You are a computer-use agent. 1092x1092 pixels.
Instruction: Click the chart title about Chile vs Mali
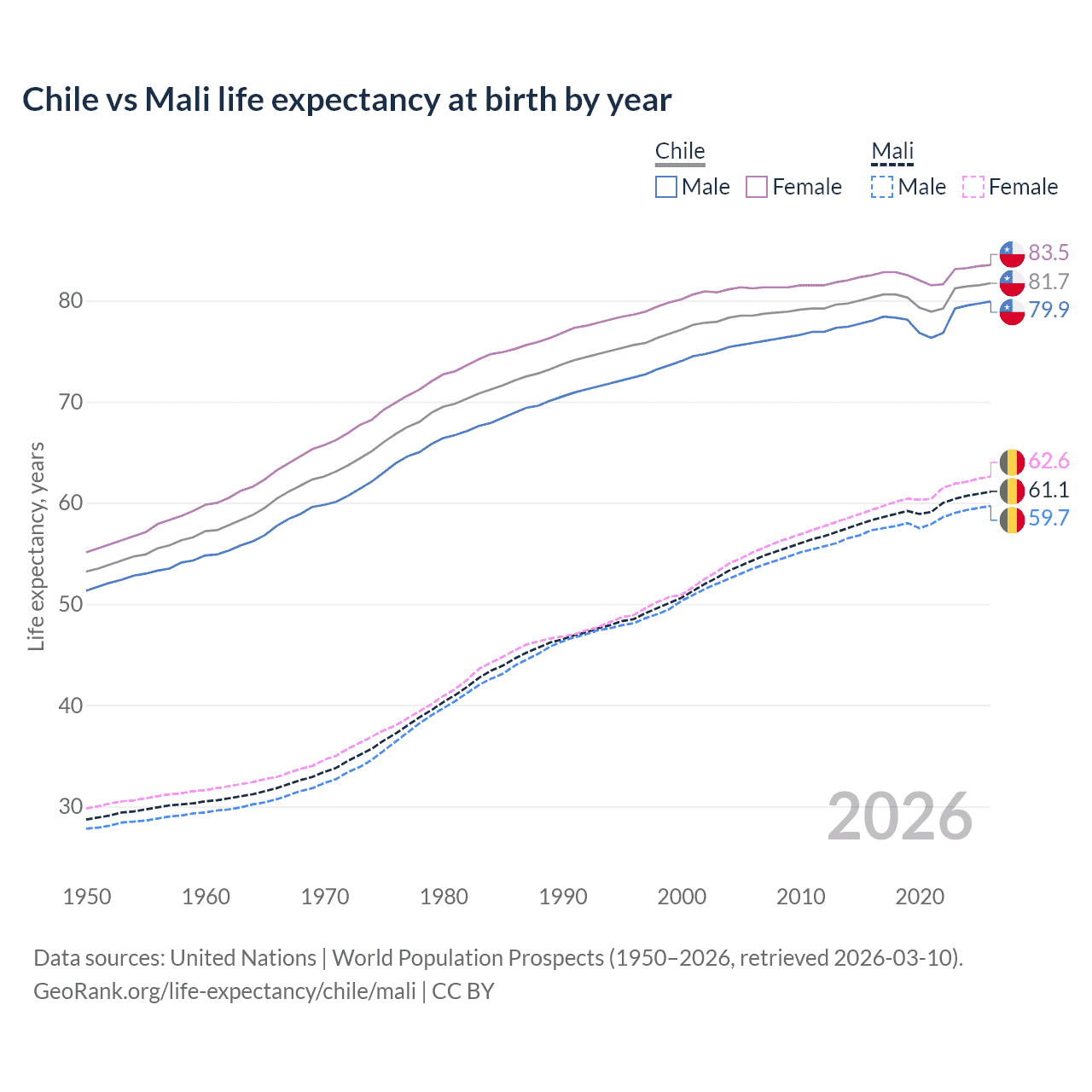tap(346, 100)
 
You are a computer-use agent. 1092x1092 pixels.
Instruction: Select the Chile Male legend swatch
tap(666, 187)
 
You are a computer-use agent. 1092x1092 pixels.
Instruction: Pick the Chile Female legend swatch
tap(757, 187)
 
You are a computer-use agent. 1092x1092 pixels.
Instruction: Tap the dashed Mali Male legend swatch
tap(882, 187)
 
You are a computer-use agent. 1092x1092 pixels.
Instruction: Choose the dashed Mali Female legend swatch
tap(973, 187)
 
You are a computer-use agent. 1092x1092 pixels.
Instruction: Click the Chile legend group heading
tap(680, 151)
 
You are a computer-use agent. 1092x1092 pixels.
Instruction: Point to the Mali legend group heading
tap(892, 151)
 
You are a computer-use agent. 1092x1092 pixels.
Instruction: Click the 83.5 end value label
tap(1048, 253)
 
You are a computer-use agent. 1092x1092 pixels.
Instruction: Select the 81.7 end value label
tap(1048, 282)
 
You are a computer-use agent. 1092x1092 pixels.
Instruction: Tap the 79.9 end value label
tap(1048, 310)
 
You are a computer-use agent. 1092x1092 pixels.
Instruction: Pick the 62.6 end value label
tap(1048, 462)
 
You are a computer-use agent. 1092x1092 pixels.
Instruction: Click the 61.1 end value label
tap(1048, 490)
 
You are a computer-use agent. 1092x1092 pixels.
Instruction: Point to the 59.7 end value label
tap(1048, 518)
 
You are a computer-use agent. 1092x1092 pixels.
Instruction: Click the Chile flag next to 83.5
tap(1012, 253)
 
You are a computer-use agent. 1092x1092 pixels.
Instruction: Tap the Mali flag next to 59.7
tap(1012, 519)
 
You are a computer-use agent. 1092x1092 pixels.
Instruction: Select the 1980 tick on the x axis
tap(444, 897)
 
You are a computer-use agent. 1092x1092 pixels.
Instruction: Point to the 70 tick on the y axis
tap(71, 402)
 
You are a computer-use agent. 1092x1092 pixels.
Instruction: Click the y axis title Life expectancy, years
tap(36, 546)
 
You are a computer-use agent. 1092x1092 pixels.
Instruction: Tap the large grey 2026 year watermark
tap(900, 816)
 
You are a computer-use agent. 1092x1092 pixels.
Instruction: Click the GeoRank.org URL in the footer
tap(224, 991)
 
